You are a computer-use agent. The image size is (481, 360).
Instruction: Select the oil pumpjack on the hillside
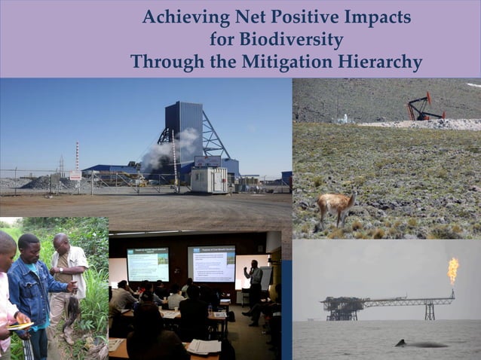point(424,107)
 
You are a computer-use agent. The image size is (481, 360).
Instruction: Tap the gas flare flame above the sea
point(453,270)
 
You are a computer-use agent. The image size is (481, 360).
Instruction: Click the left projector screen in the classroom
point(148,264)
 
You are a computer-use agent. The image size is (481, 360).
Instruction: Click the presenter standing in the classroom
point(256,283)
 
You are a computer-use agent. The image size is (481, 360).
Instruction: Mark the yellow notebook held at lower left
point(20,325)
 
